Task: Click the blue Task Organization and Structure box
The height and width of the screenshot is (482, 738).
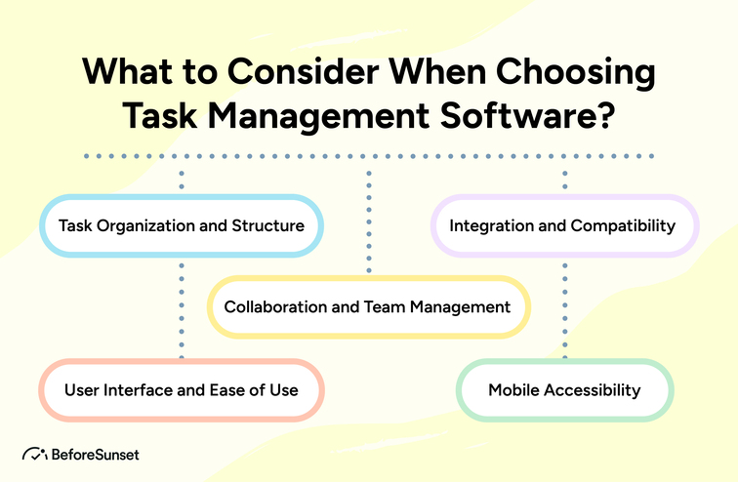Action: (x=181, y=225)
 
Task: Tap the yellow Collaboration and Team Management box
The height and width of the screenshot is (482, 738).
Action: (x=368, y=306)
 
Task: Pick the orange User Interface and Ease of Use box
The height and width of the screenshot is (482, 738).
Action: (x=181, y=390)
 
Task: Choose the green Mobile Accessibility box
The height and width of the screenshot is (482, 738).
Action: (x=564, y=390)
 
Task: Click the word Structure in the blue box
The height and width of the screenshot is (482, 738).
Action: (x=268, y=225)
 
